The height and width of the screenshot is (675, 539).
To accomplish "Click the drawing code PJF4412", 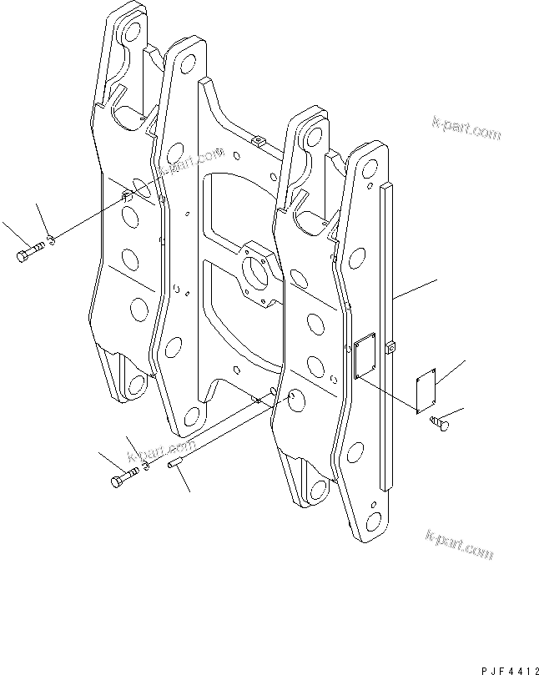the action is [509, 670].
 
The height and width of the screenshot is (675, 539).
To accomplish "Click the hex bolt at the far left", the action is [30, 251].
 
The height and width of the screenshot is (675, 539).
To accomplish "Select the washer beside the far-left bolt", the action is [51, 239].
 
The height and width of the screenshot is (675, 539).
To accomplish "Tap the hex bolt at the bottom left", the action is [125, 477].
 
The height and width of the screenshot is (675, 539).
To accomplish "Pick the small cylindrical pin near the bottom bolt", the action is [175, 464].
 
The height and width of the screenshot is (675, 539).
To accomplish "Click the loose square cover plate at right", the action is [426, 390].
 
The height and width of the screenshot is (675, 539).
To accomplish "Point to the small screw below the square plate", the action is [440, 423].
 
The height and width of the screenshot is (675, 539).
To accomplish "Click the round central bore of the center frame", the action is [255, 273].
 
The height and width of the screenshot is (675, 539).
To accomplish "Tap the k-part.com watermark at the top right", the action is [466, 128].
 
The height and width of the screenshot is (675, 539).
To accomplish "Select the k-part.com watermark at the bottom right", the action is [460, 545].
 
